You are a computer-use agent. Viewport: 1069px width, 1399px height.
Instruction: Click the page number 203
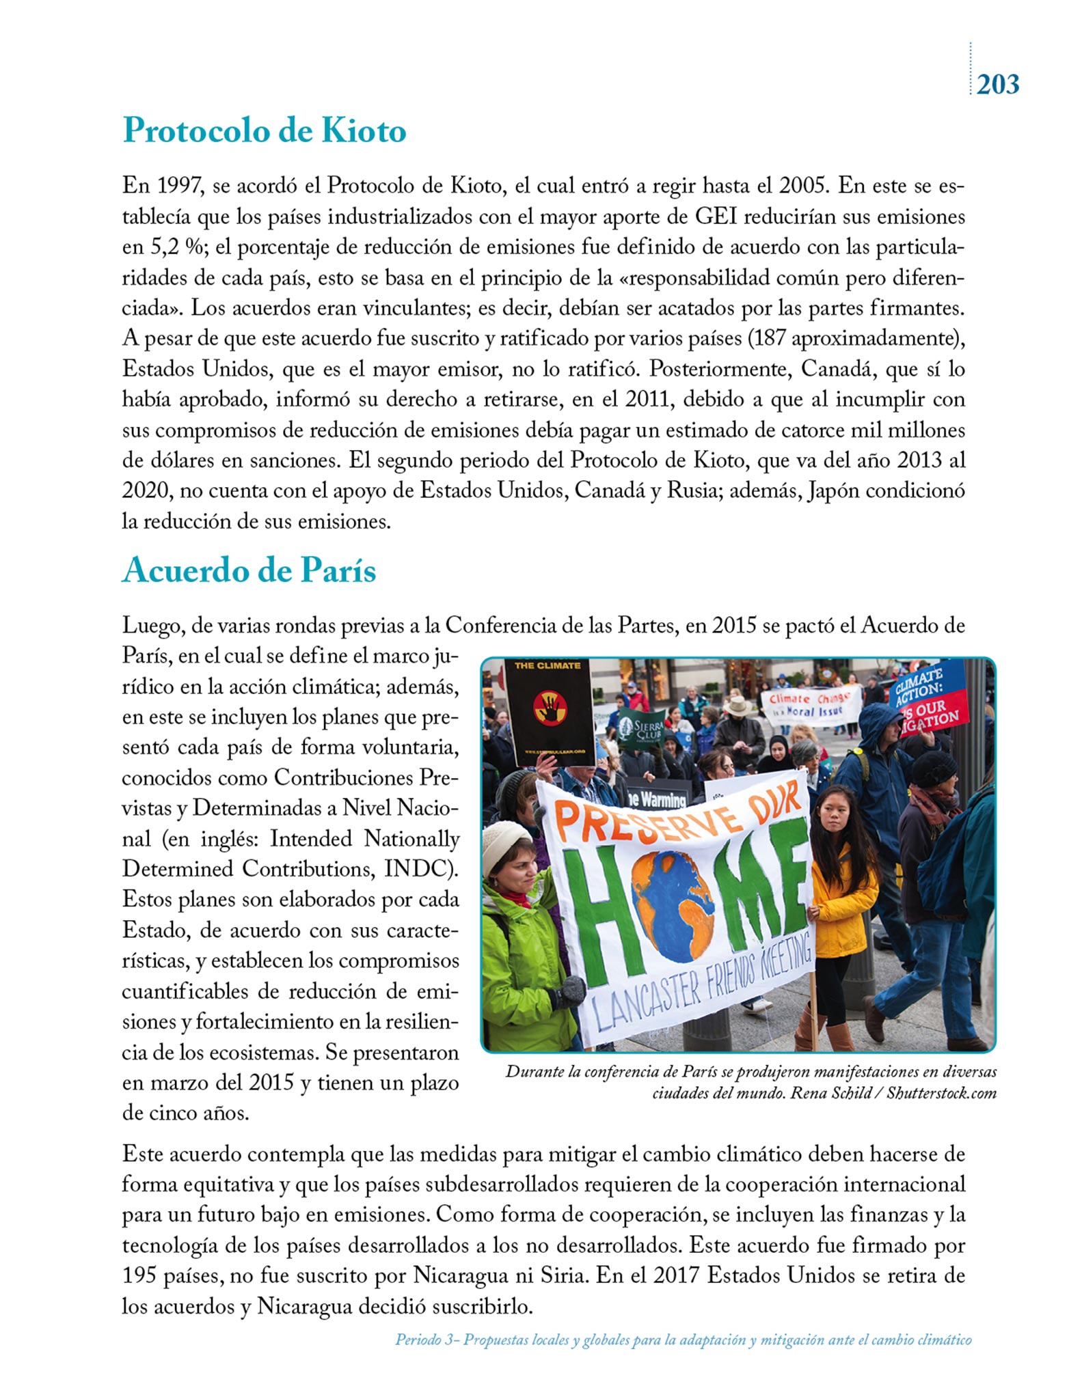pyautogui.click(x=997, y=84)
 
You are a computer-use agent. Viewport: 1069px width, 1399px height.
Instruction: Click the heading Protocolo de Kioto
pyautogui.click(x=265, y=130)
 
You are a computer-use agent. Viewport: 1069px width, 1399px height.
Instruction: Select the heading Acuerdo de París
pyautogui.click(x=249, y=570)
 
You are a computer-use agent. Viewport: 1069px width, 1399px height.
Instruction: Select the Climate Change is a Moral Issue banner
pyautogui.click(x=811, y=705)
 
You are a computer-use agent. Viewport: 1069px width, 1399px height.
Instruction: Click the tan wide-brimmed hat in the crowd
pyautogui.click(x=737, y=705)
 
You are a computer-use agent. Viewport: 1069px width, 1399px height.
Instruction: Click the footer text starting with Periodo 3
pyautogui.click(x=683, y=1340)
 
